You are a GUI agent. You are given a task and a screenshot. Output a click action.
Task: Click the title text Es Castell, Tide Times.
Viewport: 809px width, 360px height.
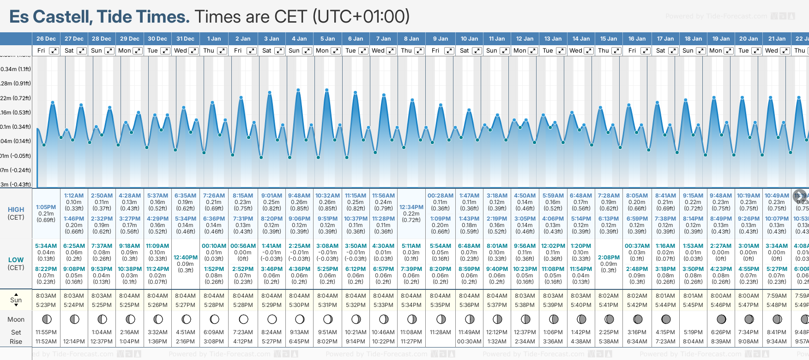click(x=99, y=17)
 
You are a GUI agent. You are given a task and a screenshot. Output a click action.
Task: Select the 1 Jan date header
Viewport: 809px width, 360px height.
click(x=214, y=39)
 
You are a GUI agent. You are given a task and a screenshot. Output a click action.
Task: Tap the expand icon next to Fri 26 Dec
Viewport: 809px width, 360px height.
click(x=54, y=51)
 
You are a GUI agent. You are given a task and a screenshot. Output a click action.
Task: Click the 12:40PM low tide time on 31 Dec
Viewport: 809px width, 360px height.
click(x=186, y=258)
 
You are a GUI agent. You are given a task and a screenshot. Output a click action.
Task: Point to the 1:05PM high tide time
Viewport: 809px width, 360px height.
click(x=46, y=207)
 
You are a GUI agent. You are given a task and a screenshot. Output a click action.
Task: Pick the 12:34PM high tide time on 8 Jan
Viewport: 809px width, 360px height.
click(x=411, y=207)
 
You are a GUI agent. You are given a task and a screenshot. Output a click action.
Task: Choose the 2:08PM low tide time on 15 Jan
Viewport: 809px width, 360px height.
click(x=609, y=258)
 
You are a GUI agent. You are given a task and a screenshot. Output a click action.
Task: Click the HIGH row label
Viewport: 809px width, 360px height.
click(x=16, y=210)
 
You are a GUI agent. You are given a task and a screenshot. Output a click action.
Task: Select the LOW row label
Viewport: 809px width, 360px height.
click(x=16, y=260)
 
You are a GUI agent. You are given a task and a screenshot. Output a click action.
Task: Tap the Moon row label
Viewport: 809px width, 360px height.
click(x=16, y=319)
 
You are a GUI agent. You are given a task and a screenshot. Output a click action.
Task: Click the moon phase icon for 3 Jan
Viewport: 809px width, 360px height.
click(x=272, y=319)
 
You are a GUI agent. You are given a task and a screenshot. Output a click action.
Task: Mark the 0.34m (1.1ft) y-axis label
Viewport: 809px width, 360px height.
click(x=16, y=69)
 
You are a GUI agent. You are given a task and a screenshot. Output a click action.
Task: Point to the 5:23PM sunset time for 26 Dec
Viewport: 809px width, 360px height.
click(x=46, y=305)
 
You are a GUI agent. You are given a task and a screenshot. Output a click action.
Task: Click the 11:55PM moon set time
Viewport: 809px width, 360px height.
click(x=46, y=332)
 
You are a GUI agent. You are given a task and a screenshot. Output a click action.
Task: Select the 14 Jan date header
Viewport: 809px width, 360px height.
click(x=581, y=39)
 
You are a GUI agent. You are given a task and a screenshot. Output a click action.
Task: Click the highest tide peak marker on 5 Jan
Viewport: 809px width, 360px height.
click(x=327, y=90)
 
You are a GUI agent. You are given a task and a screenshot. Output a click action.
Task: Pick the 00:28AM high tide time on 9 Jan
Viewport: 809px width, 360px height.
click(x=441, y=196)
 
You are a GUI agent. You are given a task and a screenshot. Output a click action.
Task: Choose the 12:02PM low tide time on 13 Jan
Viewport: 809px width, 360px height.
click(x=553, y=246)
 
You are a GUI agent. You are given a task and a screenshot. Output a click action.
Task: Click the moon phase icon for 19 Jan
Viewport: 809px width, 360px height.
click(x=721, y=319)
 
